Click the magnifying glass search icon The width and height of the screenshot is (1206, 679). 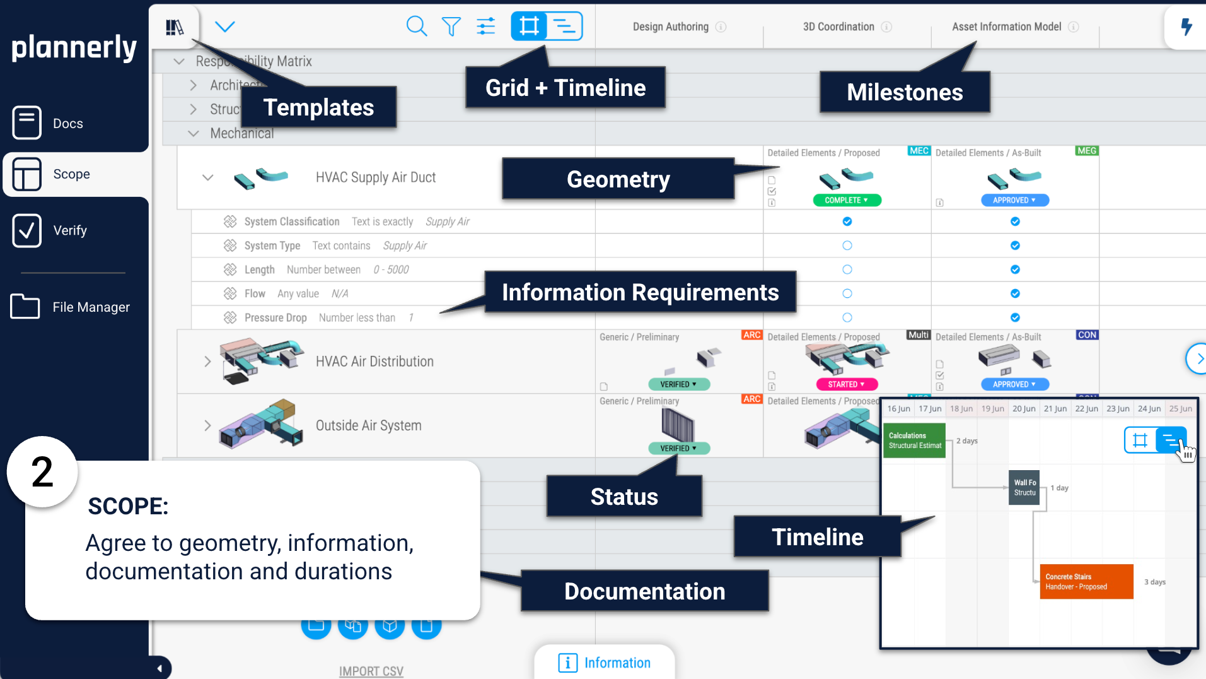coord(416,27)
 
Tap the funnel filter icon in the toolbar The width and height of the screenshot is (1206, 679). coord(451,27)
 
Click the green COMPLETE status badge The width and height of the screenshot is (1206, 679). coord(847,200)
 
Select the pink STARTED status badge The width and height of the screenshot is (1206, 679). coord(847,384)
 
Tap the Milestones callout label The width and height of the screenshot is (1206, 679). coord(905,92)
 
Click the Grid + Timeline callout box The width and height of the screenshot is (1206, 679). coord(565,88)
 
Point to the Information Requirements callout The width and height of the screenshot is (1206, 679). coord(640,292)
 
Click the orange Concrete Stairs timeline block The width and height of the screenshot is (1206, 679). coord(1086,581)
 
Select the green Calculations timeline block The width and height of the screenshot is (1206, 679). coord(914,440)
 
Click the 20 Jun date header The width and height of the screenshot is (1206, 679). coord(1024,409)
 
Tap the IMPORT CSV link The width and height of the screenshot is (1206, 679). coord(371,671)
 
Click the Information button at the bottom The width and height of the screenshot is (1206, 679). coord(605,663)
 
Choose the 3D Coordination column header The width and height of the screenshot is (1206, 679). coord(838,27)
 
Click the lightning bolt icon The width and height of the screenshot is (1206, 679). coord(1186,27)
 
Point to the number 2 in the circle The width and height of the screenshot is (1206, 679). coord(42,472)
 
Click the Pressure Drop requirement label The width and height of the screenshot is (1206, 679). coord(275,317)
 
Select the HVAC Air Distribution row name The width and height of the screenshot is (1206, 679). coord(374,362)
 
